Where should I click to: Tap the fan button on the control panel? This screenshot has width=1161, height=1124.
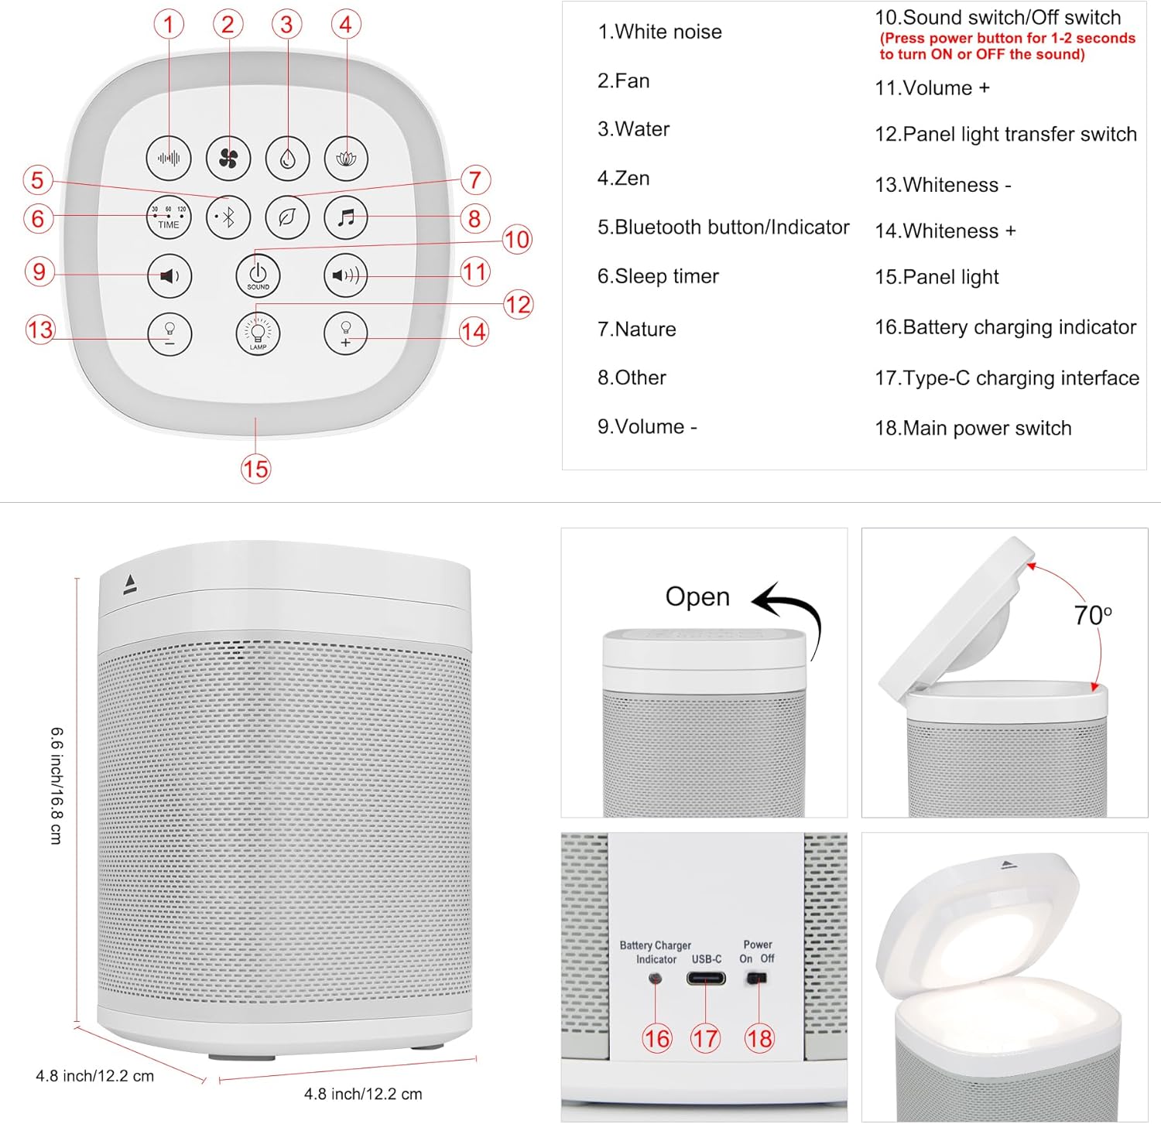point(228,159)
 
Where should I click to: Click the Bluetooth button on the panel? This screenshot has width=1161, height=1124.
point(228,217)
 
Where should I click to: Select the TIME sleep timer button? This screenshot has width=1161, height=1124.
point(169,217)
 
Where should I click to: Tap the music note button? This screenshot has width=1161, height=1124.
point(346,217)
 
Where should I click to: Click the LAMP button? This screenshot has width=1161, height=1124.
point(258,333)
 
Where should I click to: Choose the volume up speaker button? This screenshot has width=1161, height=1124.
point(345,275)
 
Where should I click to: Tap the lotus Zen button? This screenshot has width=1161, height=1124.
point(346,159)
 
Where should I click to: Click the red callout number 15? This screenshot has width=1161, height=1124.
point(255,469)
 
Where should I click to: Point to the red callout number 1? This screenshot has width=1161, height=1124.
point(169,24)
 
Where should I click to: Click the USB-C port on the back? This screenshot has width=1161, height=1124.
point(706,979)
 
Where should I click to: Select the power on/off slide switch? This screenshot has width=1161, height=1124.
point(756,979)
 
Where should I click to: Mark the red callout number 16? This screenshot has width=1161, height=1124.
point(656,1038)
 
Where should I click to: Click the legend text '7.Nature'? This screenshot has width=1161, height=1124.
point(636,330)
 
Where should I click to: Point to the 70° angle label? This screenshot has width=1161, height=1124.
point(1092,616)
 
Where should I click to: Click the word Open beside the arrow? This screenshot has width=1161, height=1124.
point(697,597)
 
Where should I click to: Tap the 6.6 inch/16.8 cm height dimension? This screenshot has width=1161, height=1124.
point(57,785)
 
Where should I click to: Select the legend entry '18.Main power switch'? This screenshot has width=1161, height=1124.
point(973,429)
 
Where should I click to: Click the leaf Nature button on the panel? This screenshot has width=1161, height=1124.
point(287,217)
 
